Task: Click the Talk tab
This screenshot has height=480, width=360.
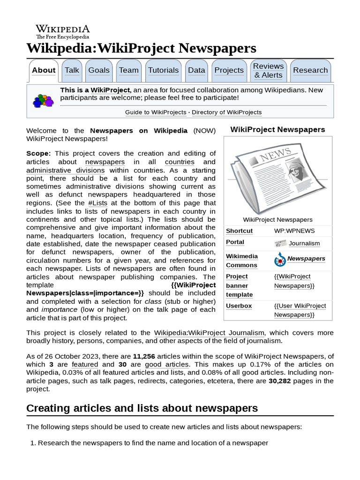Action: tap(72, 70)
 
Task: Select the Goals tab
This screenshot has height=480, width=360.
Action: tap(99, 70)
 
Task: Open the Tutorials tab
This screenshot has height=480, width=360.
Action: tap(163, 70)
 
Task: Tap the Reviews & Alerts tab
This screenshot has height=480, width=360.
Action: tap(268, 70)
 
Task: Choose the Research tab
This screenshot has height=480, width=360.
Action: tap(310, 70)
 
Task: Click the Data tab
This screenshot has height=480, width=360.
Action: tap(196, 70)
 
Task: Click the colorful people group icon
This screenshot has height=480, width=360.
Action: tap(43, 101)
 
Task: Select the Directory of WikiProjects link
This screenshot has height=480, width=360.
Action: tap(226, 112)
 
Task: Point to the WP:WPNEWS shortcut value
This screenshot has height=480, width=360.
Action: tap(294, 231)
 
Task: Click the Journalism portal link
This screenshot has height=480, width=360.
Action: tap(304, 243)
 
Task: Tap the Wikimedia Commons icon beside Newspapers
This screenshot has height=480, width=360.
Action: tap(280, 259)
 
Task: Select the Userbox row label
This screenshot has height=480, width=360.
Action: tap(239, 306)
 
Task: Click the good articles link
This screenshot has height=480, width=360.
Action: tap(166, 364)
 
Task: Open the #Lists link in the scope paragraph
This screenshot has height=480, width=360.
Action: tap(97, 203)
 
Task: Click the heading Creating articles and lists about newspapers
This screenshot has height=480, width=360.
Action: tap(142, 408)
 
